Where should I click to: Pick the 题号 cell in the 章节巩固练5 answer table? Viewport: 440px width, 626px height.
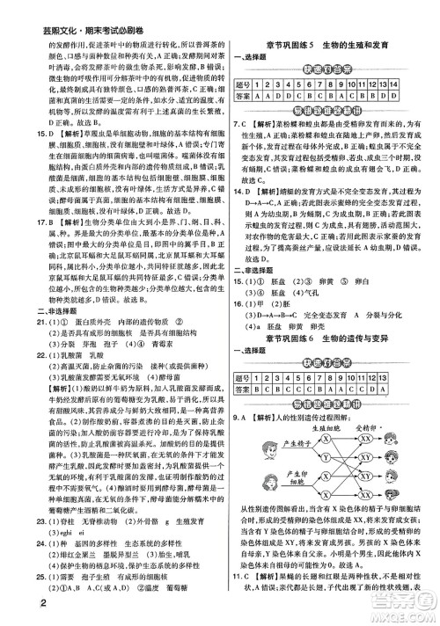click(251, 84)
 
